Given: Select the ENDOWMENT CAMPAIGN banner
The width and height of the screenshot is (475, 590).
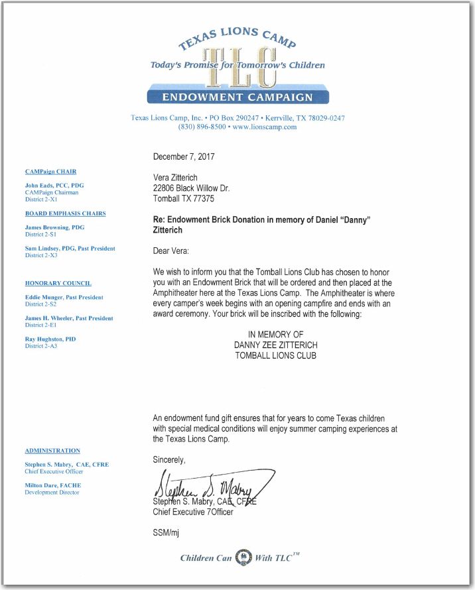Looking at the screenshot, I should pyautogui.click(x=237, y=97).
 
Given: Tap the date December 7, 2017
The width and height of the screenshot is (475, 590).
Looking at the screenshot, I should pyautogui.click(x=184, y=157).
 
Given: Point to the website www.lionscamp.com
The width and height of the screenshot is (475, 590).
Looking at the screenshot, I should pyautogui.click(x=264, y=127).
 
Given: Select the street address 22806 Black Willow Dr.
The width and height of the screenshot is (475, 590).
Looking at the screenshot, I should pyautogui.click(x=191, y=188).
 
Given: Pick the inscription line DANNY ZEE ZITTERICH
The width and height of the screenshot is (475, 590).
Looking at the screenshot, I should pyautogui.click(x=275, y=345).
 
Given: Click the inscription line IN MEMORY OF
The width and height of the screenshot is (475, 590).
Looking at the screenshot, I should pyautogui.click(x=275, y=335).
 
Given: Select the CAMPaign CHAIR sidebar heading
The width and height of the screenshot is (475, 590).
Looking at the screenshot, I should pyautogui.click(x=50, y=172).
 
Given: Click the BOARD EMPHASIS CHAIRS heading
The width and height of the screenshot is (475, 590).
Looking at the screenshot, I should pyautogui.click(x=65, y=213).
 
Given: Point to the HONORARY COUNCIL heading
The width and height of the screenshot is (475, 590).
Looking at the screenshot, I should pyautogui.click(x=58, y=283).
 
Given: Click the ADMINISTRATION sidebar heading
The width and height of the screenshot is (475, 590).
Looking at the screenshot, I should pyautogui.click(x=52, y=451).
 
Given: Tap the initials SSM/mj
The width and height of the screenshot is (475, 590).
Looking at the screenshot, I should pyautogui.click(x=167, y=533).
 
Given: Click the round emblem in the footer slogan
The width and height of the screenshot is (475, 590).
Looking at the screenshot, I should pyautogui.click(x=243, y=557).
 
